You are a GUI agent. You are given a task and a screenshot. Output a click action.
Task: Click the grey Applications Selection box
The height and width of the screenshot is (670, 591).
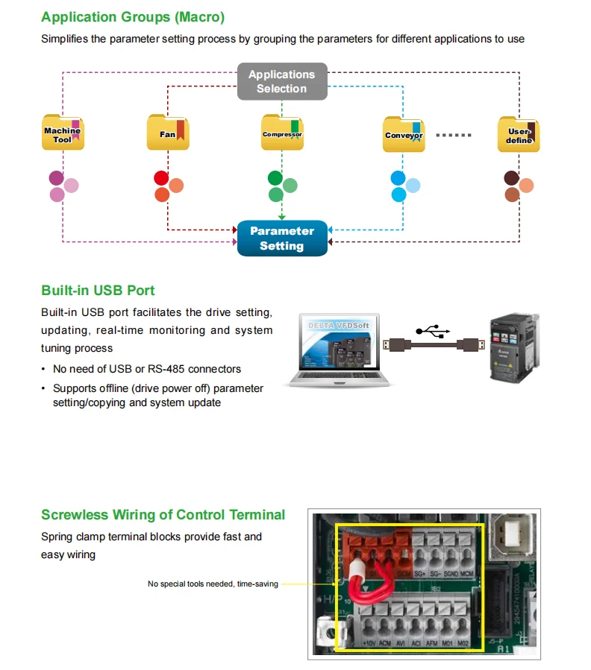tap(282, 82)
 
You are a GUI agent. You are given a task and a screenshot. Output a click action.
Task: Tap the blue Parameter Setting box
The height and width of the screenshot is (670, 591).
tap(282, 238)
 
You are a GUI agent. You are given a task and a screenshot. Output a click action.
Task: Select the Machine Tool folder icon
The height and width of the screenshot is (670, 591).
tap(63, 134)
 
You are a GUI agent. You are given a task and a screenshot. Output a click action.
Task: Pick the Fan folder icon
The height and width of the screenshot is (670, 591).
tap(168, 134)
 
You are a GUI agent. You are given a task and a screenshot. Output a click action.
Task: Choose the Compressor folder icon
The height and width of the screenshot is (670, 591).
tap(282, 133)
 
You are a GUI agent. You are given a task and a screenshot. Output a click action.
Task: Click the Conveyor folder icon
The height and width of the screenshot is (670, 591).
tap(404, 135)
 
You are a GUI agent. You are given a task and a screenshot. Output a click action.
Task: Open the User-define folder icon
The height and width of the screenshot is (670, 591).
tap(519, 135)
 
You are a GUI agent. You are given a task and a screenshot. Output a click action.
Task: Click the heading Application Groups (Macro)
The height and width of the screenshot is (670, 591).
tap(133, 17)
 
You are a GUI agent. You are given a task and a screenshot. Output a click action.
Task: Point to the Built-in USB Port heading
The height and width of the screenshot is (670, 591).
tap(98, 291)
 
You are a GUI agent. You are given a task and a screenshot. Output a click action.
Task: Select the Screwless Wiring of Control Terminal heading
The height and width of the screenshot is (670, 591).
tap(163, 515)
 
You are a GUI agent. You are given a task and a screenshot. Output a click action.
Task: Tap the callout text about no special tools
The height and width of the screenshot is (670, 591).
tap(213, 584)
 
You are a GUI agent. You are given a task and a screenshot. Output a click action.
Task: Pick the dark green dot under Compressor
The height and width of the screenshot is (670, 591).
tap(275, 178)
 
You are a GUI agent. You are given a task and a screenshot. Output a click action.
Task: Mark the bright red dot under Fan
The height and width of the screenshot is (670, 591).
tap(161, 178)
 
